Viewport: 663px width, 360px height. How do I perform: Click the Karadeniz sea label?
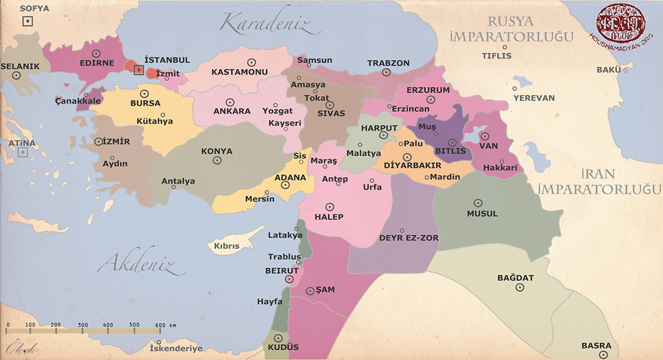tap(269, 24)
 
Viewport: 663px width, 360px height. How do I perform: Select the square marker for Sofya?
tap(27, 22)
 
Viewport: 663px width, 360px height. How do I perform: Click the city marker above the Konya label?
tap(217, 161)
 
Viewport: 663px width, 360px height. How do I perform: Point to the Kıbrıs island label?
tap(227, 246)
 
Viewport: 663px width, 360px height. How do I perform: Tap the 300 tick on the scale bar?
tap(83, 325)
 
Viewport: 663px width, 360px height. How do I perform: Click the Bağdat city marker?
tap(520, 287)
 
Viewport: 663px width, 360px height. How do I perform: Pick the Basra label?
tap(596, 345)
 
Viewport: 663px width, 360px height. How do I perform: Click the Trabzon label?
tap(388, 63)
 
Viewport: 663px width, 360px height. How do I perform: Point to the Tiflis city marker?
tap(505, 47)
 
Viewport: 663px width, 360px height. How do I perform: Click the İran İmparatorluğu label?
tap(599, 181)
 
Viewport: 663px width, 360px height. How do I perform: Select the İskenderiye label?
tap(176, 348)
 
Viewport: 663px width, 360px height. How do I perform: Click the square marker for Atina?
tap(22, 152)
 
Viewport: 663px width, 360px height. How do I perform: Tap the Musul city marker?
tap(478, 203)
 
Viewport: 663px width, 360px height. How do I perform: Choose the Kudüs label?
tap(283, 347)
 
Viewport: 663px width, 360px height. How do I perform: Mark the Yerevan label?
tap(534, 98)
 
